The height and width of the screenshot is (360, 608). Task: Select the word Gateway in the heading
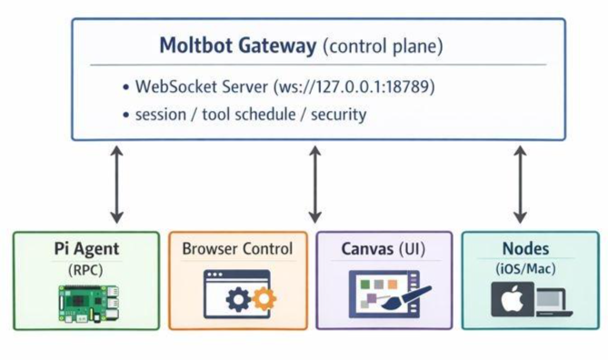(277, 46)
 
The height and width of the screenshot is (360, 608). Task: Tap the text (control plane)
(383, 46)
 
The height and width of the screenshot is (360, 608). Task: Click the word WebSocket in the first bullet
(202, 86)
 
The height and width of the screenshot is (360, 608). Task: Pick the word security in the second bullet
(338, 115)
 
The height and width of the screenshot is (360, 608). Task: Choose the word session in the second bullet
(161, 115)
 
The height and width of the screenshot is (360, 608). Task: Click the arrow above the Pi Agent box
(116, 185)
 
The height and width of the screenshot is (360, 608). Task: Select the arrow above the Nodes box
(520, 185)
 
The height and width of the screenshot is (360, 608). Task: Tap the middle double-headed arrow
(314, 185)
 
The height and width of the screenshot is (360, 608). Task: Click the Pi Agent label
(86, 249)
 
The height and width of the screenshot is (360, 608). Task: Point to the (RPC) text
(85, 270)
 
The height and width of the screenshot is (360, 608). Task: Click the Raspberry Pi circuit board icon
(89, 305)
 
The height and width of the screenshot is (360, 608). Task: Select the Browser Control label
(237, 249)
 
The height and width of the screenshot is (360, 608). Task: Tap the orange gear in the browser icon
(264, 299)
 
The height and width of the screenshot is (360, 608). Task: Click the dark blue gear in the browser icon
(238, 299)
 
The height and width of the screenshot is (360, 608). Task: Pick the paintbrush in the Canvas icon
(406, 298)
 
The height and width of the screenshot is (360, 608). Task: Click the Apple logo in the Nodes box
(513, 299)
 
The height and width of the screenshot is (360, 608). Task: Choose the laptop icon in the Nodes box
(554, 303)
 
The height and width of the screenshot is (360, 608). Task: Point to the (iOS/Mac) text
(525, 269)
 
